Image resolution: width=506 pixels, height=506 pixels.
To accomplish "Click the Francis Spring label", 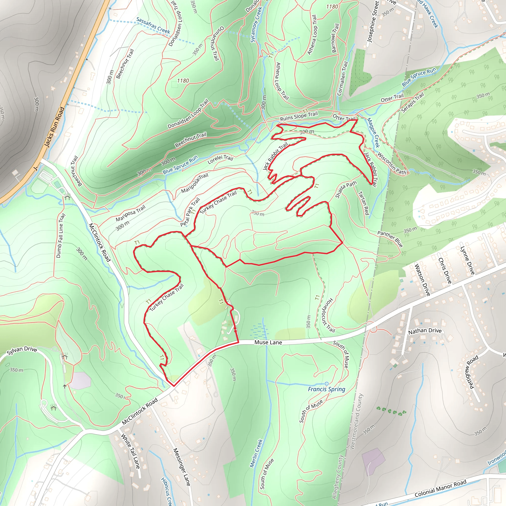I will coord(326,389).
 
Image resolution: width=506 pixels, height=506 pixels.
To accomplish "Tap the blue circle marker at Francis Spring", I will coord(326,384).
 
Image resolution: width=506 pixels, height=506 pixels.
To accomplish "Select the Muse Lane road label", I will coord(268,342).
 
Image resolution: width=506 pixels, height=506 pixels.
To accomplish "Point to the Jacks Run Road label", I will coord(54,127).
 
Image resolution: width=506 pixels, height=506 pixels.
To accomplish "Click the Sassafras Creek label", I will coord(153,26).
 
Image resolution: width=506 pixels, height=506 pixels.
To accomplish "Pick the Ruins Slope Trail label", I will coord(299,116).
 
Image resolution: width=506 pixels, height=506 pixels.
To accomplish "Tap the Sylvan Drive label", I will coord(22,351).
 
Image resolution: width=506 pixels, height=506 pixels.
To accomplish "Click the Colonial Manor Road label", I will coord(441,488).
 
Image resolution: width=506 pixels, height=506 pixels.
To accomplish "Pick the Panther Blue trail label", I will coord(390,239).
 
